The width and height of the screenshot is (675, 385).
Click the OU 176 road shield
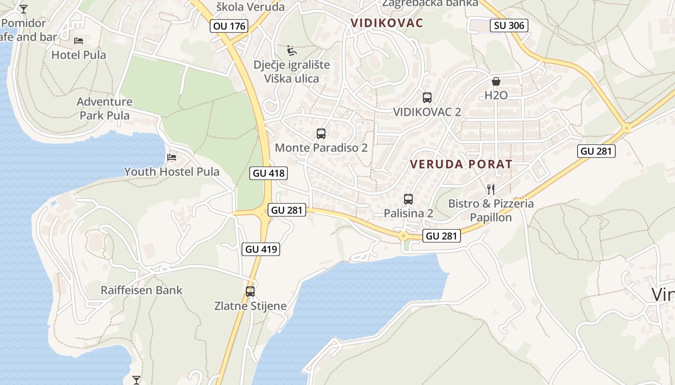click(x=229, y=26)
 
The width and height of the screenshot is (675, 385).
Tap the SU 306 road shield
click(x=509, y=26)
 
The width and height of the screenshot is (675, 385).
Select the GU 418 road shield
click(x=269, y=173)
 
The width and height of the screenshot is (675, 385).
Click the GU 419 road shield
click(x=261, y=249)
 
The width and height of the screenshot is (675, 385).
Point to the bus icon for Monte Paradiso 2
click(x=321, y=134)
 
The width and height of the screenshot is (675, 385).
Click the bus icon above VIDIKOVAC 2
click(x=427, y=98)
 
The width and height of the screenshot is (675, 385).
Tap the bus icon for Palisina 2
click(x=408, y=199)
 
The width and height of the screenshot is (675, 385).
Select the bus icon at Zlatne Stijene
click(x=250, y=291)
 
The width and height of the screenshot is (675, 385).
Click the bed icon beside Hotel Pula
click(x=79, y=41)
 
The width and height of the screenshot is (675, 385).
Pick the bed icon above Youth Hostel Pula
click(x=172, y=157)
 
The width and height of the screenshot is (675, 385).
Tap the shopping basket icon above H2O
click(x=496, y=81)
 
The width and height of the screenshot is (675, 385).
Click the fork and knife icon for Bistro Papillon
click(x=491, y=189)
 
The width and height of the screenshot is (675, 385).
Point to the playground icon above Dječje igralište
click(x=292, y=51)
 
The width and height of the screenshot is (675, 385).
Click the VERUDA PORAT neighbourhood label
click(x=461, y=164)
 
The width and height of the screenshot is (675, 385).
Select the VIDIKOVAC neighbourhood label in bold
click(x=387, y=23)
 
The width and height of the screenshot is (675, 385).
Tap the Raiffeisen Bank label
click(x=141, y=290)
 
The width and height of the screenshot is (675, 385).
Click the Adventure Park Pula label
click(x=105, y=108)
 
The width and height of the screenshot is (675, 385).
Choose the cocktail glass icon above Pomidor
click(x=23, y=9)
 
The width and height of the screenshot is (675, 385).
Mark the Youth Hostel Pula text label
click(x=172, y=172)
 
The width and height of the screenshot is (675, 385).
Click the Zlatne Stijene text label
click(x=250, y=306)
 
